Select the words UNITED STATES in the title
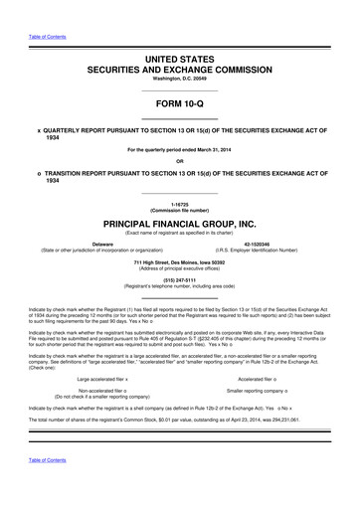(x=179, y=61)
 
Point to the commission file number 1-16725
(x=179, y=203)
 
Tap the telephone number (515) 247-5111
(x=179, y=279)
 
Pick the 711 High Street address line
(x=179, y=261)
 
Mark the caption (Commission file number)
(x=179, y=209)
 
